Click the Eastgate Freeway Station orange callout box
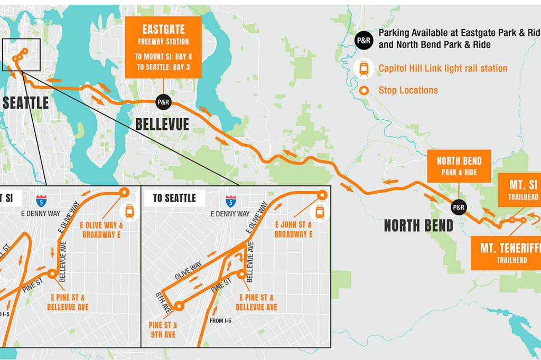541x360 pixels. (x=163, y=46)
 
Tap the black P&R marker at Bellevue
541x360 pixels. (x=163, y=102)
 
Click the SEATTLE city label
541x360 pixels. (x=25, y=102)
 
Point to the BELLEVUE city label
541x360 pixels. (x=162, y=125)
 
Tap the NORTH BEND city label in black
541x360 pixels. (x=418, y=226)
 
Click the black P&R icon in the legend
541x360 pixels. (x=363, y=39)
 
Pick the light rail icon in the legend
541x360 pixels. (x=363, y=68)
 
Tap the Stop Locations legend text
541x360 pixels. (x=408, y=90)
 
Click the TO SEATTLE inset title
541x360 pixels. (x=174, y=198)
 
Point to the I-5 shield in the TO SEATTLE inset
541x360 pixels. (x=230, y=201)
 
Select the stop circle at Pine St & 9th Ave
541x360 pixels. (x=179, y=305)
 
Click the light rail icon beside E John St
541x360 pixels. (x=319, y=212)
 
